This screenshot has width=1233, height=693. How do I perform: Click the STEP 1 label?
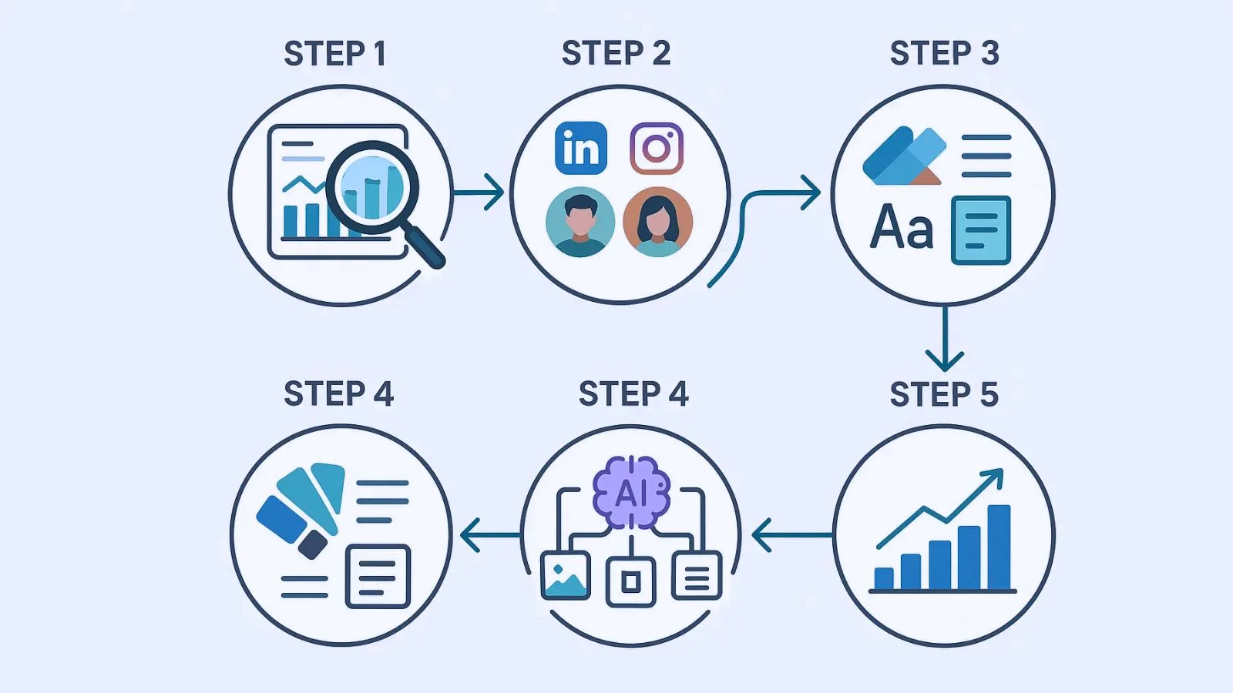(334, 54)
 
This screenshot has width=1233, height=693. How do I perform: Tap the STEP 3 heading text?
(944, 53)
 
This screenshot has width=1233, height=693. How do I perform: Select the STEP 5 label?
(944, 394)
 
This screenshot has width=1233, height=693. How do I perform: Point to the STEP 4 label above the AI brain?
(633, 394)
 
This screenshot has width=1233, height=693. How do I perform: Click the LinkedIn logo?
(581, 148)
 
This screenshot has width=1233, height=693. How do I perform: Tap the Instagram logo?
(657, 148)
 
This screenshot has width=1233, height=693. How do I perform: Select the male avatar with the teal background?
(580, 222)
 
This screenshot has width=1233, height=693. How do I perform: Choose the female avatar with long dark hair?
(657, 222)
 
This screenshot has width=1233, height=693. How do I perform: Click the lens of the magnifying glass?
(372, 186)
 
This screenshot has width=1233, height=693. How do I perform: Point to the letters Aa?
(902, 228)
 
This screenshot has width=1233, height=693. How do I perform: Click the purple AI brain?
(631, 492)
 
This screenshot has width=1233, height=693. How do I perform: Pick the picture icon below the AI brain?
(565, 576)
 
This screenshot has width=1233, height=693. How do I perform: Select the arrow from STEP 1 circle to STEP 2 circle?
(479, 192)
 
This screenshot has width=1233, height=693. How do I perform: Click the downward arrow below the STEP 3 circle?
(944, 339)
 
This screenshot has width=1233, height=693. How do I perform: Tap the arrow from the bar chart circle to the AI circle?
(790, 534)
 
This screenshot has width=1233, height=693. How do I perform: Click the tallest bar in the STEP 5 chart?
(999, 547)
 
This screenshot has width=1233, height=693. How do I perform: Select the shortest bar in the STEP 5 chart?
(884, 578)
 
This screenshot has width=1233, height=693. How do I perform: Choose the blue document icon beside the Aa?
(980, 229)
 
